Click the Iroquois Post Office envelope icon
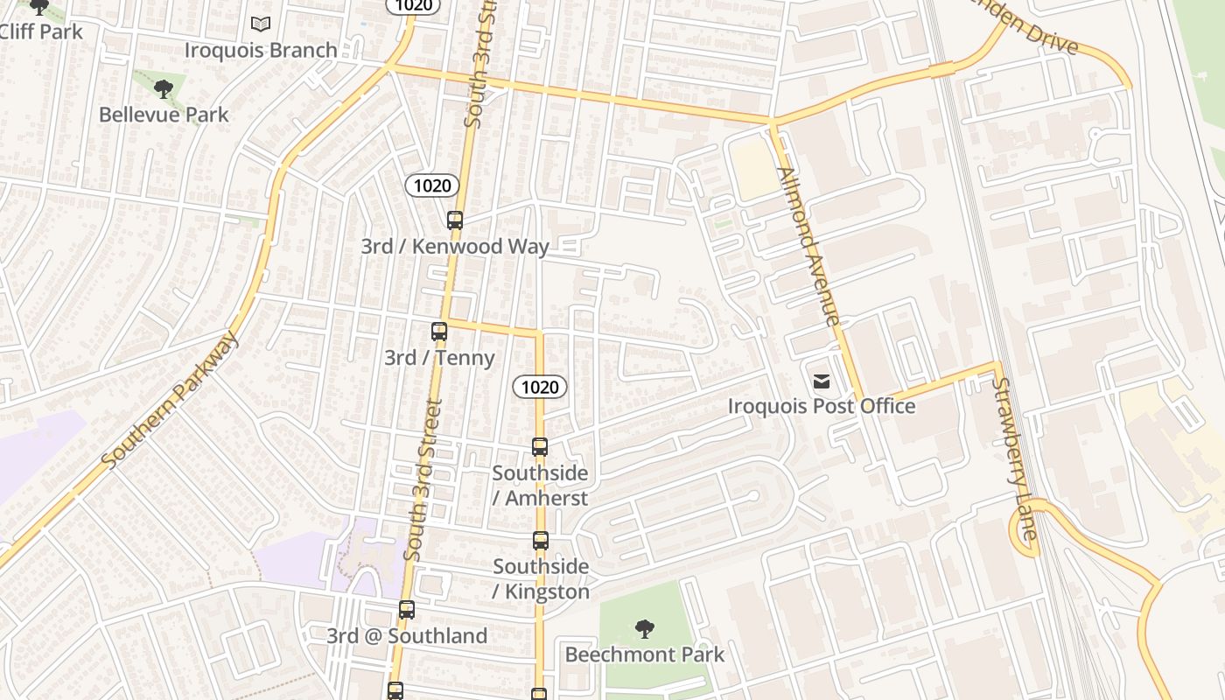click(821, 381)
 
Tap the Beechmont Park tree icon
click(645, 628)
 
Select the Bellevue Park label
click(164, 115)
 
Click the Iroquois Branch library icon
click(260, 24)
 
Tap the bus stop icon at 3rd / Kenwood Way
click(454, 220)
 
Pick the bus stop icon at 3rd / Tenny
click(439, 332)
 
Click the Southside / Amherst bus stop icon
click(540, 447)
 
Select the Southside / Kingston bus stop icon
click(541, 541)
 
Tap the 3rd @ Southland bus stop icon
click(407, 610)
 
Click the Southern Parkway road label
click(170, 400)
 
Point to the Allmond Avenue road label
click(809, 247)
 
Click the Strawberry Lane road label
click(1015, 458)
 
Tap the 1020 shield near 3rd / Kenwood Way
click(432, 185)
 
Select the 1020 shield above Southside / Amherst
click(540, 387)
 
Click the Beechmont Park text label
click(645, 654)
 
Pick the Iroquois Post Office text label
click(822, 406)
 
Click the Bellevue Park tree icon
click(163, 88)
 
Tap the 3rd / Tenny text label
click(439, 357)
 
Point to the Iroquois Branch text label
click(261, 50)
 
